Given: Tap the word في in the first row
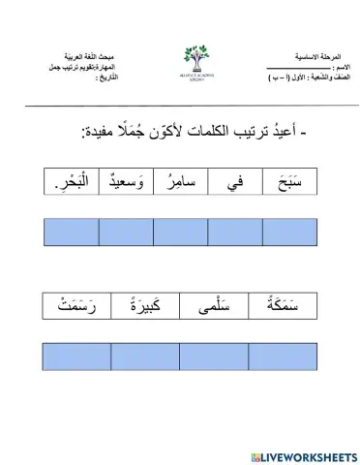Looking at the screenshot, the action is (235, 181).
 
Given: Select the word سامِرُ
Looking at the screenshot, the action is (180, 181).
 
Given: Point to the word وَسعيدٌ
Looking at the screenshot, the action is (126, 181).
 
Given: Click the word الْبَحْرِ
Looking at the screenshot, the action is (72, 181).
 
